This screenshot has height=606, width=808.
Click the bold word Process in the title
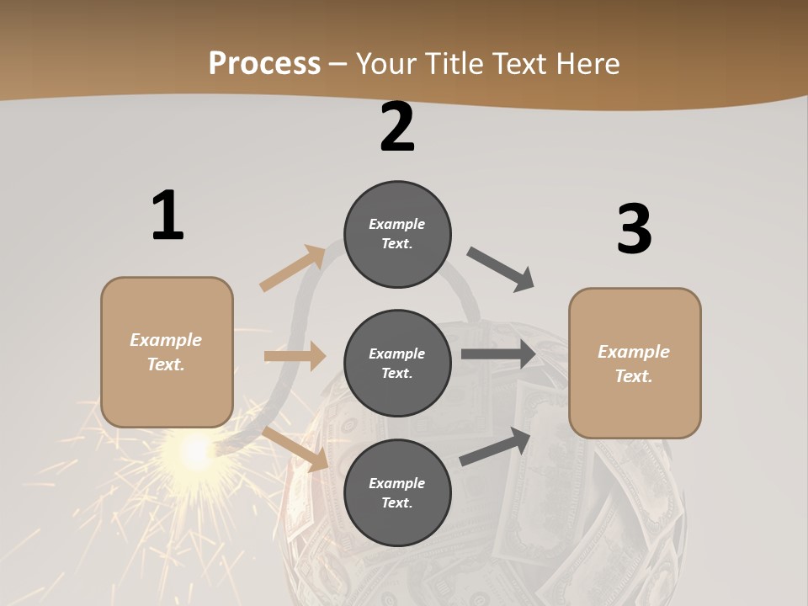coord(264,63)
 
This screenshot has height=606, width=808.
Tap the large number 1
coord(167,216)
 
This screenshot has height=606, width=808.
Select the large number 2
coord(397,128)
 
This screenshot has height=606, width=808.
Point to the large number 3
coord(634,230)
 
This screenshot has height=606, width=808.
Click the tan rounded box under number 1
coord(167,352)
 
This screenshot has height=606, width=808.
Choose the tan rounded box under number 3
coord(635,364)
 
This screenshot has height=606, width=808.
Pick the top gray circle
coord(397,234)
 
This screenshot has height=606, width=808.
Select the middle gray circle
coord(397,364)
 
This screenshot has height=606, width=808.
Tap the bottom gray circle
coord(397,493)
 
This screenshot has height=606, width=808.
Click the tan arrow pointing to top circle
coord(293,268)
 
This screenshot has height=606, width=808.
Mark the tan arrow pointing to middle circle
coord(295,356)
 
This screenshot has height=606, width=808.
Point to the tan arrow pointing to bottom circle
coord(295,449)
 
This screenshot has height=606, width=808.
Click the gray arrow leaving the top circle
coord(501,269)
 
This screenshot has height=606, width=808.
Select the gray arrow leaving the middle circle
coord(498,353)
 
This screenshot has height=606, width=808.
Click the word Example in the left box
coord(166,340)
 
